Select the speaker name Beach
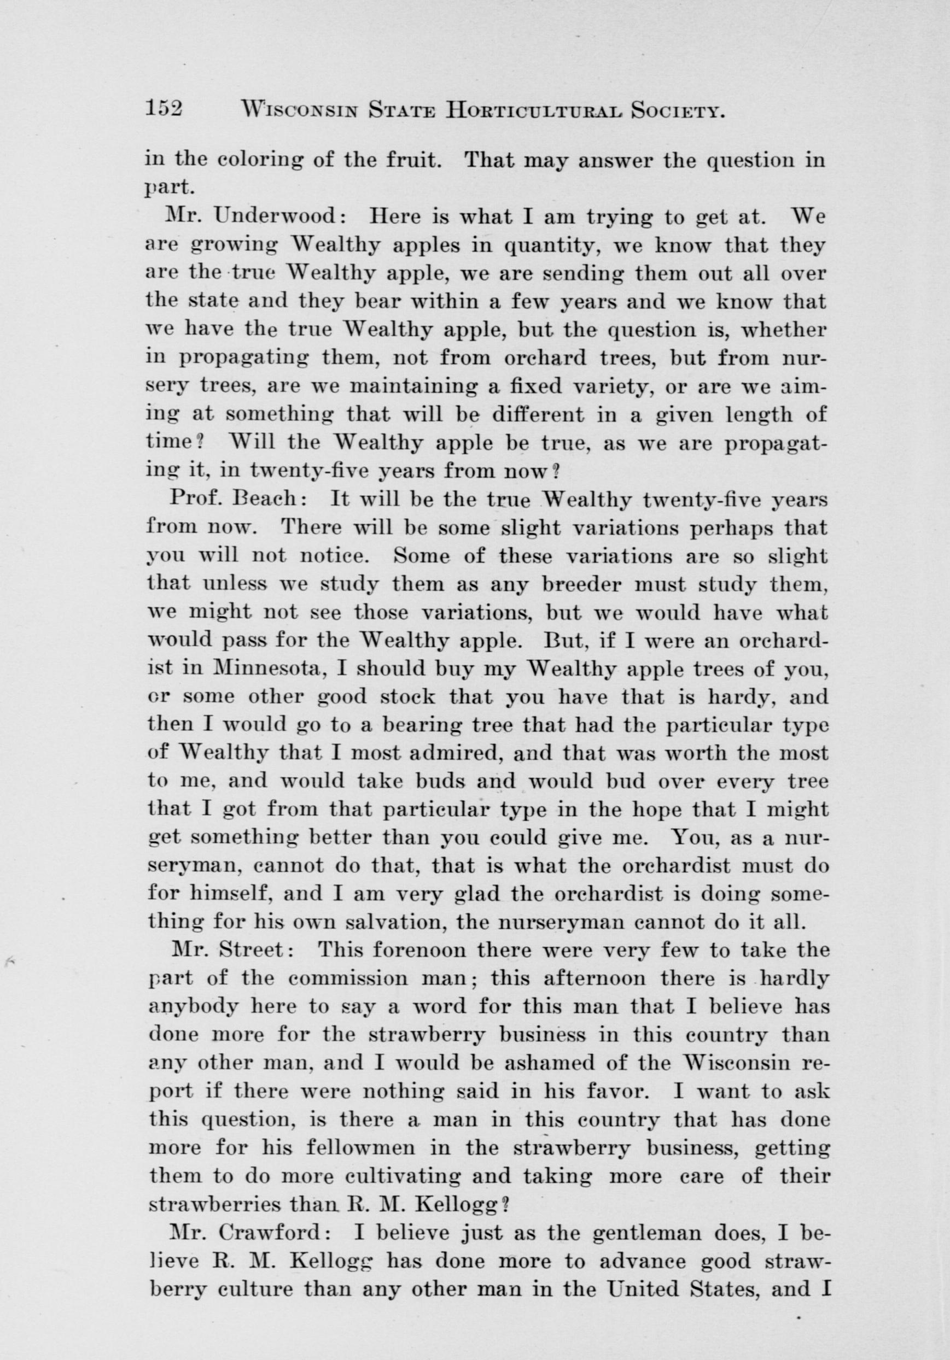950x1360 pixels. [270, 499]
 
